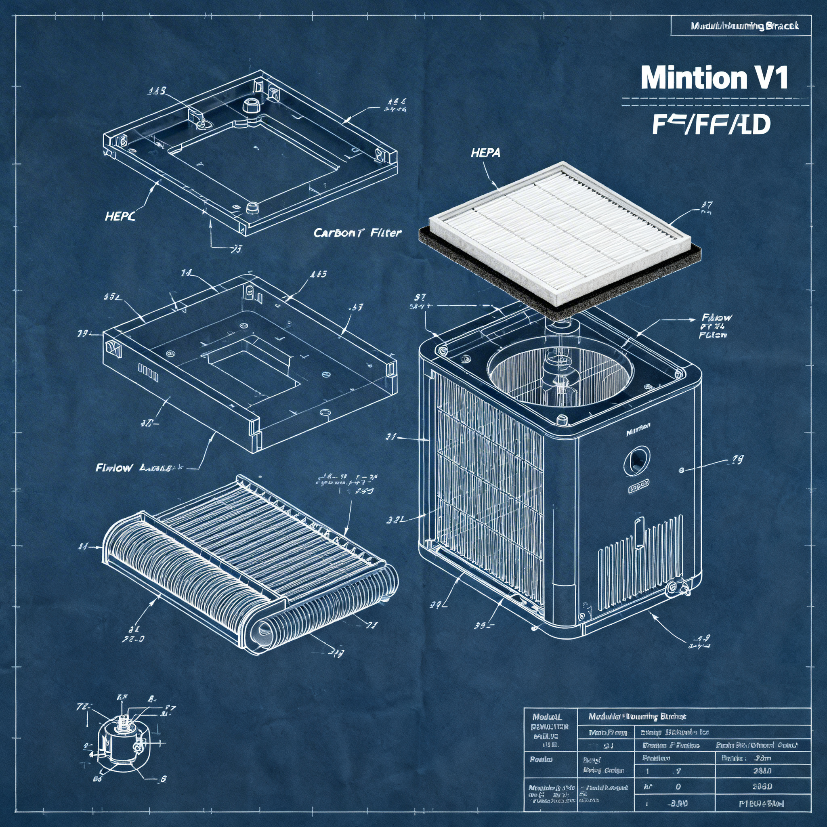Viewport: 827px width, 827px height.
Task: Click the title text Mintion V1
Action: [x=714, y=78]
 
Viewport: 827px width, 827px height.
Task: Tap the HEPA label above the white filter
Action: [x=485, y=152]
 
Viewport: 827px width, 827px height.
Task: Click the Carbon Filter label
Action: [x=357, y=233]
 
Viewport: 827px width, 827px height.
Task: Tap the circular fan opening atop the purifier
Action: [x=560, y=375]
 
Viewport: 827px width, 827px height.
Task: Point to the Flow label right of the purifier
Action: [x=716, y=318]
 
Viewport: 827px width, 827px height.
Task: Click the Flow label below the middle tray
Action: [x=114, y=468]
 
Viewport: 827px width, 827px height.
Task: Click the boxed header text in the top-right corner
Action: [x=744, y=26]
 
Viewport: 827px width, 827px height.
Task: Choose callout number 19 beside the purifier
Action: [x=737, y=460]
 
